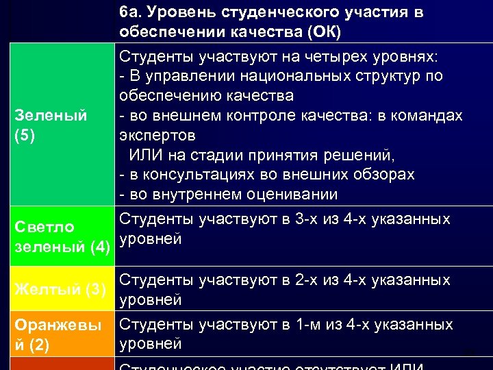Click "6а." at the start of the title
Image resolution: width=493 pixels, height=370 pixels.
130,13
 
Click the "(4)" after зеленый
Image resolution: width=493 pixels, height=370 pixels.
100,245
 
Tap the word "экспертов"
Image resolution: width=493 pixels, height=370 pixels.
157,135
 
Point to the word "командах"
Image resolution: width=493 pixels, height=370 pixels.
428,115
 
